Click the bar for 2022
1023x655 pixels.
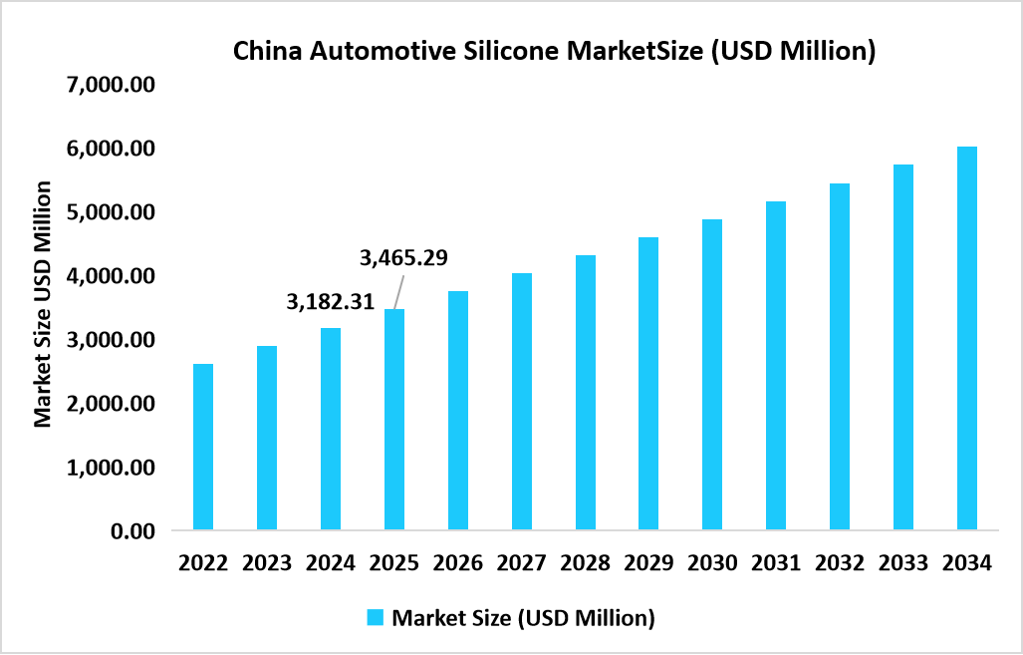click(x=203, y=447)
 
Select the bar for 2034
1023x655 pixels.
click(x=967, y=338)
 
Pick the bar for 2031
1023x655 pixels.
click(x=776, y=365)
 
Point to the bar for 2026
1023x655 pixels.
click(x=458, y=410)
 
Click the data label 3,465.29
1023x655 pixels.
click(x=403, y=258)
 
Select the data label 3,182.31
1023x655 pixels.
click(x=331, y=302)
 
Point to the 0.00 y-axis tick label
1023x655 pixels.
click(x=133, y=531)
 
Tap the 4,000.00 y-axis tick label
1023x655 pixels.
click(x=111, y=276)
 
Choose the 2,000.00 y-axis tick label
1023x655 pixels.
click(x=111, y=404)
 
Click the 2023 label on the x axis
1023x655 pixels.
click(x=267, y=563)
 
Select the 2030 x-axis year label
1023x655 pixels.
click(x=712, y=563)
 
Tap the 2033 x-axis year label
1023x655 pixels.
click(x=903, y=563)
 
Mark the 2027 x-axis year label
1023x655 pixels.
click(x=522, y=563)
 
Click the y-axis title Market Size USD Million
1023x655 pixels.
click(x=43, y=304)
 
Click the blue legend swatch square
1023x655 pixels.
click(x=376, y=618)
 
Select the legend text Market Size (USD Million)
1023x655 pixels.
click(x=523, y=618)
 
